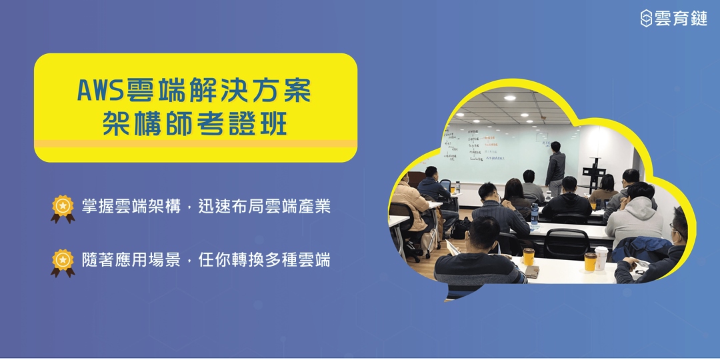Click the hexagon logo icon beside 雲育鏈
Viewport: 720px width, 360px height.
(x=646, y=18)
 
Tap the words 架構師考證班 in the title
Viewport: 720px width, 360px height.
(x=195, y=124)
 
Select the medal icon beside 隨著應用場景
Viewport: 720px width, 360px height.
(x=63, y=261)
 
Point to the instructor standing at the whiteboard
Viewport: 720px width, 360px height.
(x=555, y=165)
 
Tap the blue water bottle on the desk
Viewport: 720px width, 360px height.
(x=534, y=213)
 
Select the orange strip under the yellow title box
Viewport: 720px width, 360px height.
(x=195, y=143)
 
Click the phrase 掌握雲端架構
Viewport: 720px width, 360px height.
(x=131, y=207)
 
